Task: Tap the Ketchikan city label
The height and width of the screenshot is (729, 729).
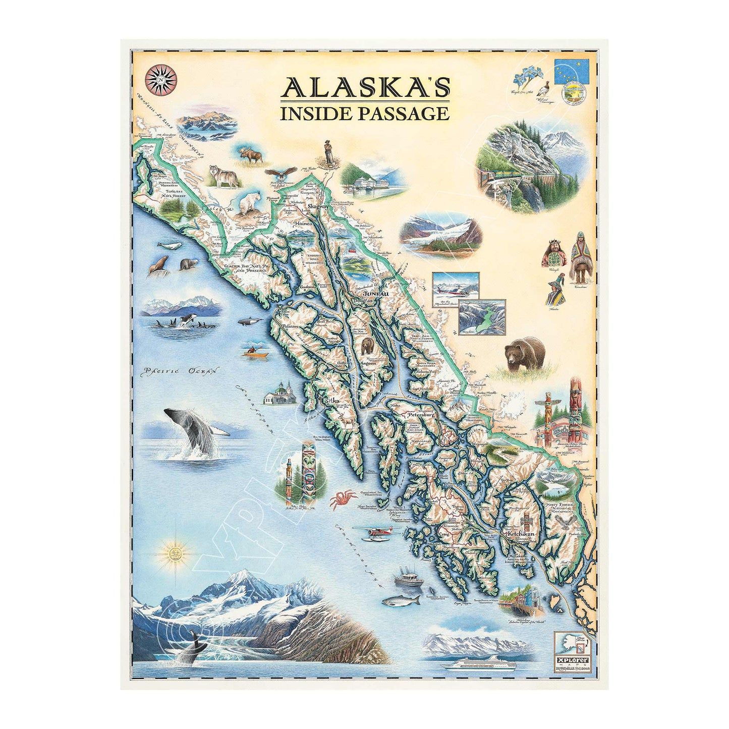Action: click(x=520, y=533)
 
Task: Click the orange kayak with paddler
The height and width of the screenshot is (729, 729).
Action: click(x=254, y=352)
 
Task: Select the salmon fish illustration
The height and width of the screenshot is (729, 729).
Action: click(x=402, y=601)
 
